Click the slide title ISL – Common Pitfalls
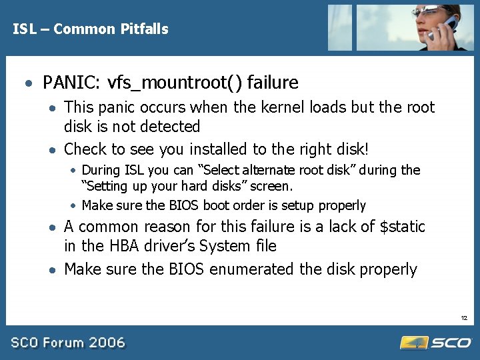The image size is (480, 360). click(x=91, y=29)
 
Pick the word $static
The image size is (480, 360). click(x=402, y=227)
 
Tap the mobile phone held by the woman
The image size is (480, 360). click(x=445, y=26)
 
